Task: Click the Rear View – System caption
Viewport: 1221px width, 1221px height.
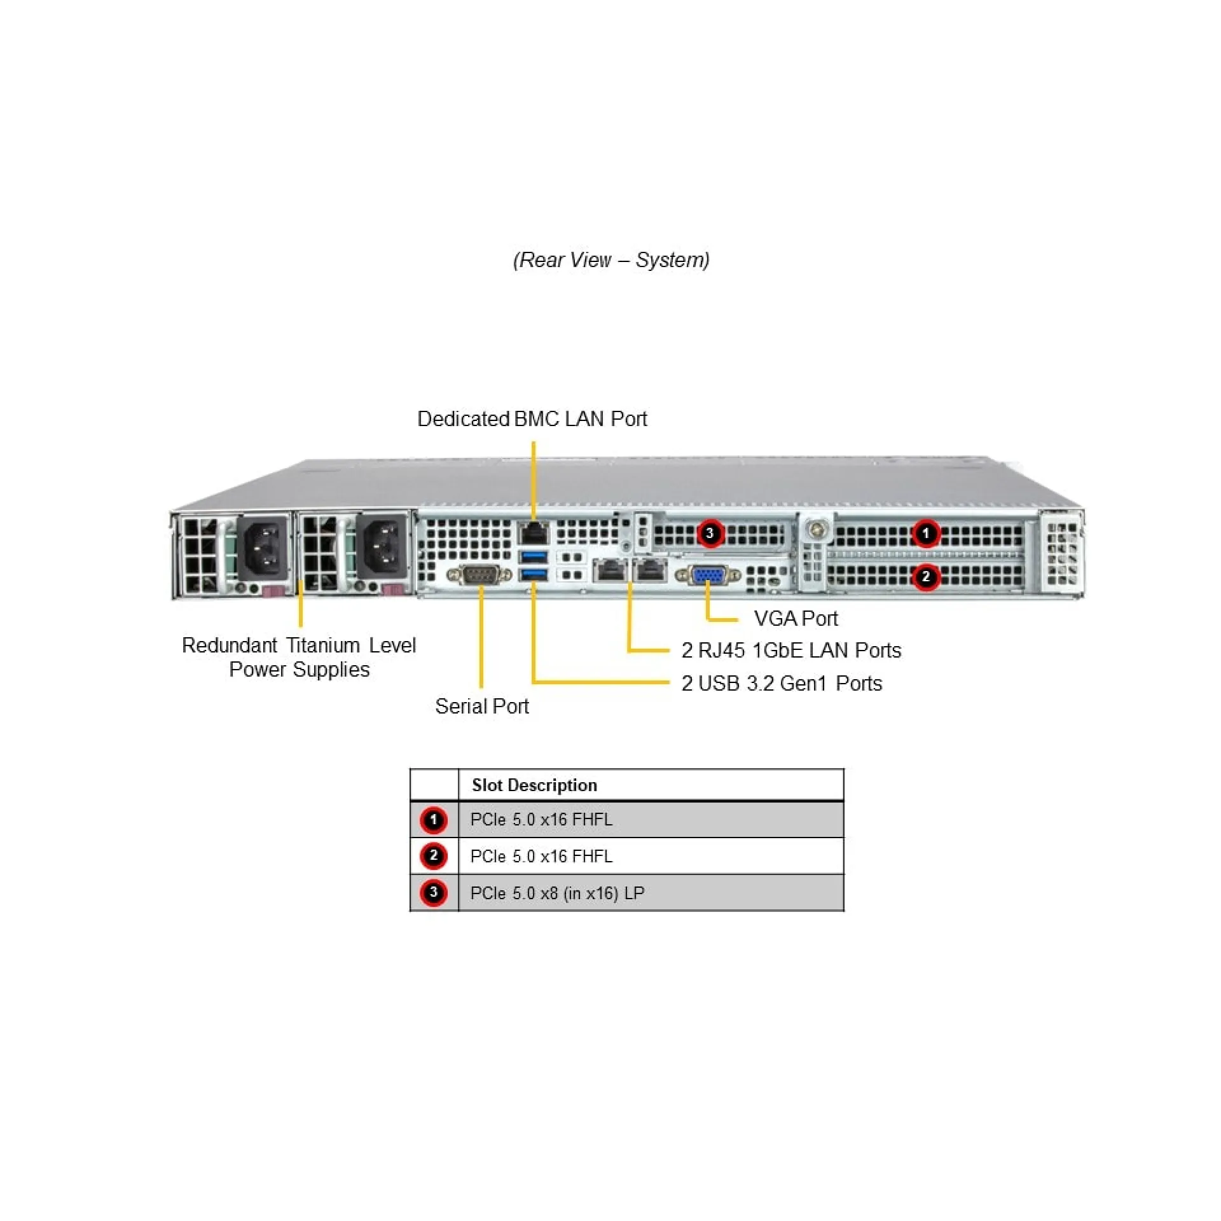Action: pyautogui.click(x=610, y=259)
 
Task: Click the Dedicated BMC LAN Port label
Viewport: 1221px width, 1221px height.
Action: pyautogui.click(x=532, y=418)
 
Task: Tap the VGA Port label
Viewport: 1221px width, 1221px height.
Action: pyautogui.click(x=795, y=618)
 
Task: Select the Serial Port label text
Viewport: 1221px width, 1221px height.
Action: pyautogui.click(x=481, y=706)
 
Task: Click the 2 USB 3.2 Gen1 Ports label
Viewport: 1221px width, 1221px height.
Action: pyautogui.click(x=782, y=683)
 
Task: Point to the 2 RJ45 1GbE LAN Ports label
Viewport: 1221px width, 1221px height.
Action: pyautogui.click(x=791, y=650)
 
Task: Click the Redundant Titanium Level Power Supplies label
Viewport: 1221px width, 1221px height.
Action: pyautogui.click(x=299, y=657)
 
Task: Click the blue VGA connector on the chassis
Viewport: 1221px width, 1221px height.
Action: pyautogui.click(x=707, y=576)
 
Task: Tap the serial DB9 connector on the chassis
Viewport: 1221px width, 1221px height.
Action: pyautogui.click(x=479, y=575)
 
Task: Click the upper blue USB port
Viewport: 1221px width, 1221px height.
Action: pyautogui.click(x=534, y=558)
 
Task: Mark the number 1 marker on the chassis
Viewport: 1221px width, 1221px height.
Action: pyautogui.click(x=925, y=533)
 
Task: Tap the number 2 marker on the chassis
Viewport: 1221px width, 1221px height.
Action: pyautogui.click(x=925, y=577)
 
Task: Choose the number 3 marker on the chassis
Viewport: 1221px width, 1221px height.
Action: pyautogui.click(x=710, y=533)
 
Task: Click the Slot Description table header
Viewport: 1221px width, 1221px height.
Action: pyautogui.click(x=534, y=785)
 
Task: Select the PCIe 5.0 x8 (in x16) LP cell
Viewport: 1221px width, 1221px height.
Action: pyautogui.click(x=557, y=893)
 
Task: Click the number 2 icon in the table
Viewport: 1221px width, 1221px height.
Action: pyautogui.click(x=434, y=856)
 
